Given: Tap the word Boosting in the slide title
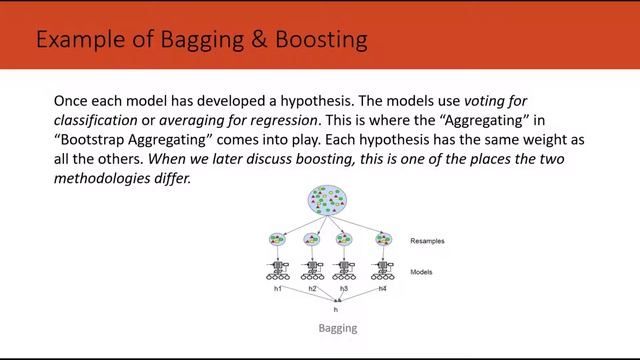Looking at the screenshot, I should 320,40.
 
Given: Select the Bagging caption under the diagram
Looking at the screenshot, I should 336,328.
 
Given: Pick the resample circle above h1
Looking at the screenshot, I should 279,240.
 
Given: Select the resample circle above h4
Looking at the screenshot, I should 383,240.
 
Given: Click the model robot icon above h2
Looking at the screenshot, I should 313,269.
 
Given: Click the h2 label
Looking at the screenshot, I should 312,289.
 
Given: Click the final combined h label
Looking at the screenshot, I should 335,309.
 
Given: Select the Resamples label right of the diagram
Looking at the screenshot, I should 428,241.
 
